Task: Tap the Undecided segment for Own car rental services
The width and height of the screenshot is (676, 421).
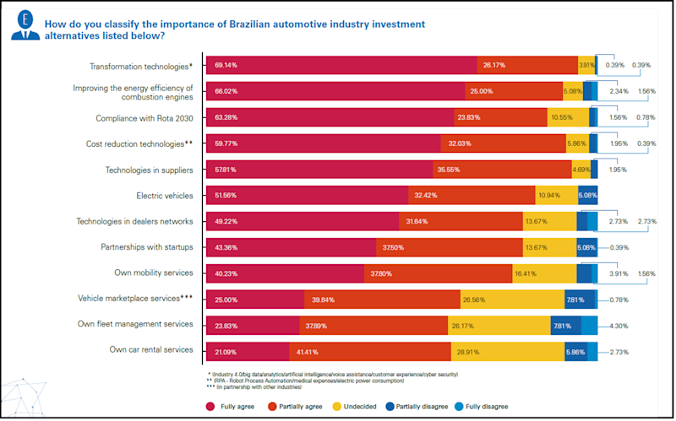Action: tap(519, 350)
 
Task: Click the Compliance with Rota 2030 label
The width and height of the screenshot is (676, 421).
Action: tap(144, 118)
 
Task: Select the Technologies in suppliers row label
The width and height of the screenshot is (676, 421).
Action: tap(150, 170)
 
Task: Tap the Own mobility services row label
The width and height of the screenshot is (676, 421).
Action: tap(155, 273)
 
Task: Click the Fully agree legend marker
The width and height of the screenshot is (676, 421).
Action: tap(211, 405)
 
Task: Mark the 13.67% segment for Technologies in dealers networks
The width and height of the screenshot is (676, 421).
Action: tap(549, 222)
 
